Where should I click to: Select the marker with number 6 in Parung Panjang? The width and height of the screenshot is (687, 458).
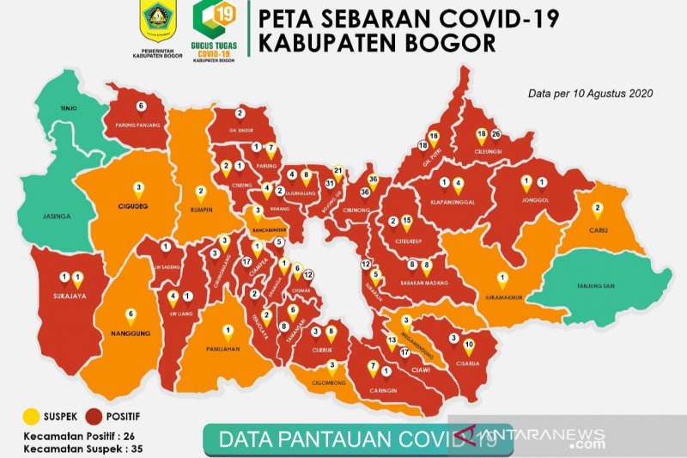(x=140, y=107)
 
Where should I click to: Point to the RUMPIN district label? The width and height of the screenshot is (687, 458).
(x=201, y=206)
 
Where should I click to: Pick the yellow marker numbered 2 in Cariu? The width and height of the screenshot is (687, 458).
(x=597, y=208)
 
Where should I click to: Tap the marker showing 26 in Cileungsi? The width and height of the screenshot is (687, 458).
(x=495, y=135)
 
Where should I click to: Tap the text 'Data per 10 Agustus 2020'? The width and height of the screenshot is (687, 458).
(x=581, y=92)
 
